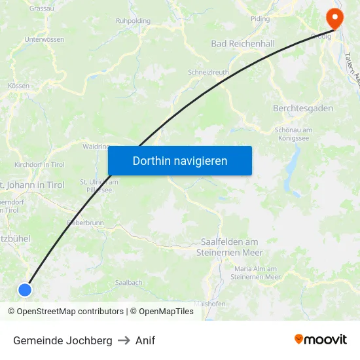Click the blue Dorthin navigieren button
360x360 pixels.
(x=180, y=160)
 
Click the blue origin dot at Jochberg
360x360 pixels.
(x=25, y=289)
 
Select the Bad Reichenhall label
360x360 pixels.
(x=243, y=43)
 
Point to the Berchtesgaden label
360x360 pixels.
(x=303, y=108)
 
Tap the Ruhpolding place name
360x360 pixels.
(x=133, y=21)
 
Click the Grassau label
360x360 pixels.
(x=42, y=9)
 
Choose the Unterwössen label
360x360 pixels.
(x=44, y=39)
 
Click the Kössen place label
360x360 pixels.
(x=19, y=86)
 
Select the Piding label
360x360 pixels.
(x=260, y=18)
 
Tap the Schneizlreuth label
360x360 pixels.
(x=209, y=72)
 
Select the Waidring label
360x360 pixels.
(x=96, y=147)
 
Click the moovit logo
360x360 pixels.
(x=321, y=339)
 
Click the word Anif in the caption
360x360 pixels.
(x=145, y=340)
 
